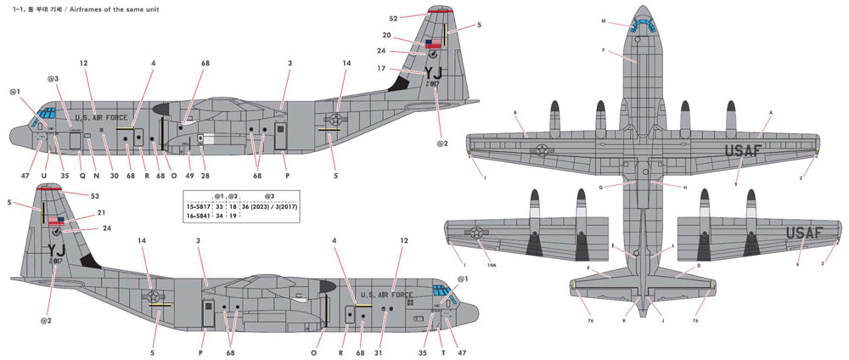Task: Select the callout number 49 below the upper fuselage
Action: coord(188,175)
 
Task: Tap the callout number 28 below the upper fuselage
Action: coord(205,175)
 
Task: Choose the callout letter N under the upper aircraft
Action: coord(97,175)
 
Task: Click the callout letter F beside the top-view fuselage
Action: coord(604,51)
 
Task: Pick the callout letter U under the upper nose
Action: coord(43,175)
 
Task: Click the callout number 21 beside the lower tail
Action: coord(101,213)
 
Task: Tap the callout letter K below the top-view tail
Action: coord(625,320)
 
